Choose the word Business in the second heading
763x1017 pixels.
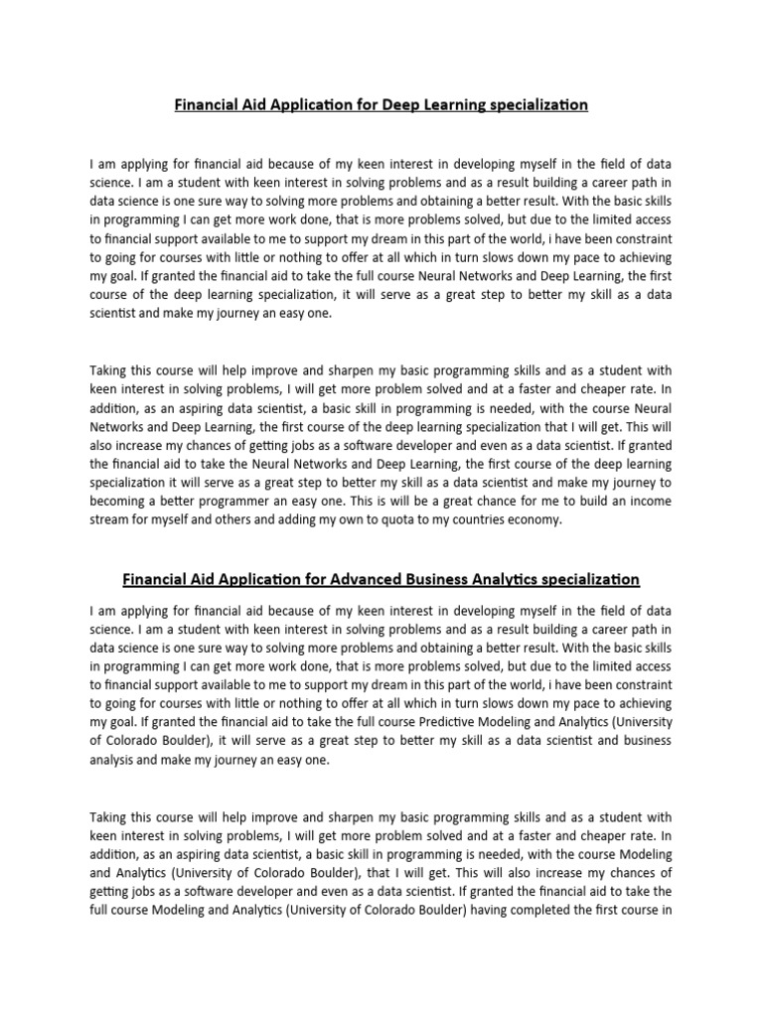[427, 578]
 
